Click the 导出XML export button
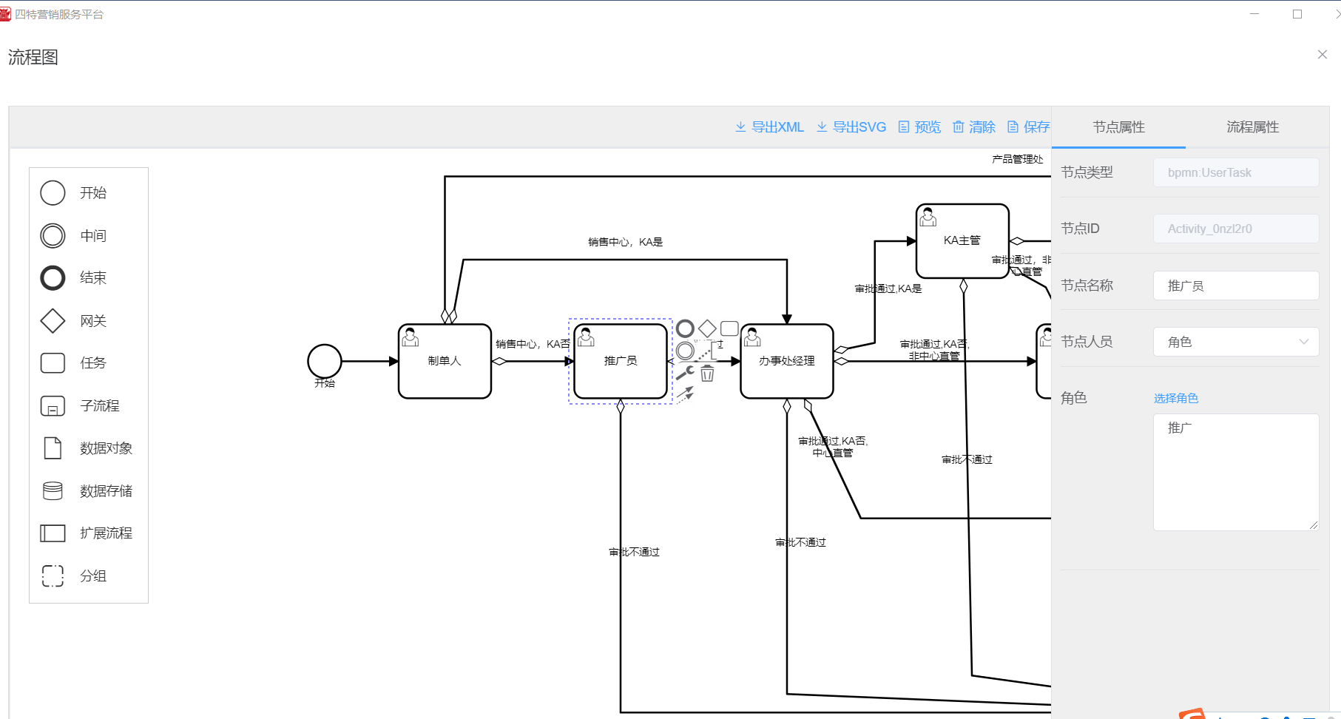point(770,127)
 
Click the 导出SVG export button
point(851,127)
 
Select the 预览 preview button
point(920,127)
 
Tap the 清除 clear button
point(974,127)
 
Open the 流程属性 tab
point(1252,127)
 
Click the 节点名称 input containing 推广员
point(1235,286)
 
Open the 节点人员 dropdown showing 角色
point(1235,342)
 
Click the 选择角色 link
point(1175,398)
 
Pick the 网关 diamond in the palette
point(53,321)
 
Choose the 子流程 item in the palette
point(53,406)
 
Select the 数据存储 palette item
point(53,491)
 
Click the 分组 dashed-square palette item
point(53,576)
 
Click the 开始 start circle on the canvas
point(325,361)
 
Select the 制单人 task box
point(445,361)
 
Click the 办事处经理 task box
point(787,361)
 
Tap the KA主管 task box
point(962,241)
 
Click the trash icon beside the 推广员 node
point(708,374)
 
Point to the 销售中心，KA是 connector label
point(625,242)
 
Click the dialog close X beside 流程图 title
point(1323,55)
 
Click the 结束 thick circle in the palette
point(53,278)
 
